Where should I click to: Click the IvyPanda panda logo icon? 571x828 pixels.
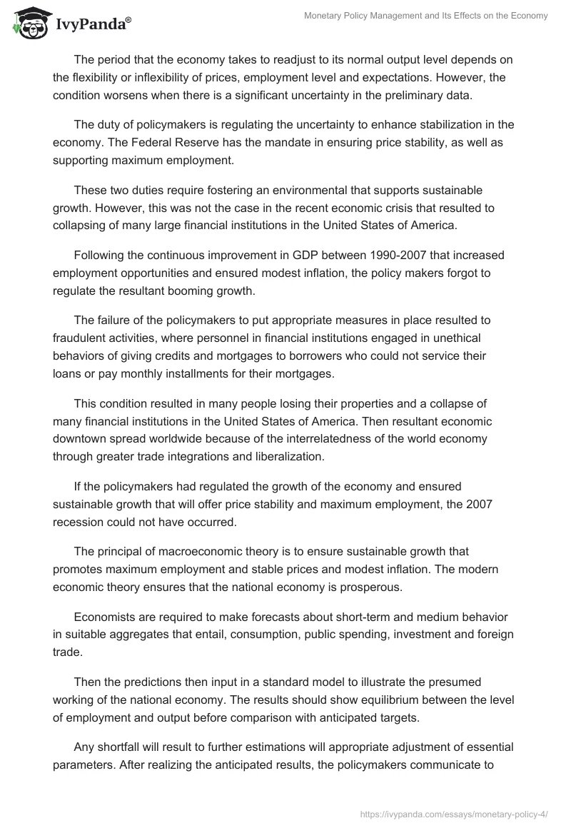29,21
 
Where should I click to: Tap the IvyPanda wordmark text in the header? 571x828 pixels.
92,24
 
